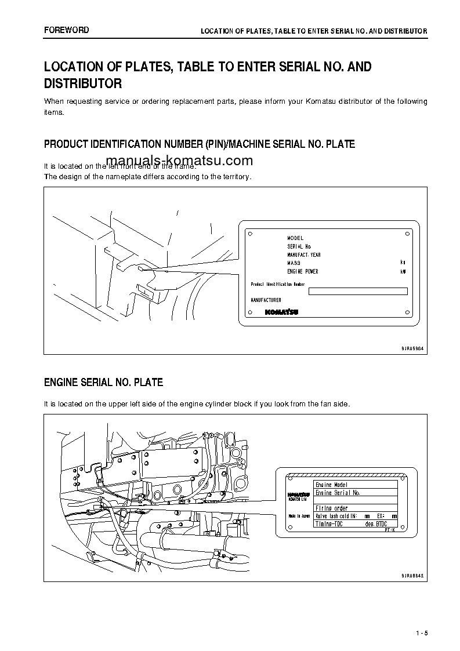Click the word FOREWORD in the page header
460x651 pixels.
click(67, 30)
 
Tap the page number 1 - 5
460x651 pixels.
click(421, 632)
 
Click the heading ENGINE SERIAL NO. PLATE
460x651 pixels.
click(103, 383)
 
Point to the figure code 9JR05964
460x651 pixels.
click(412, 348)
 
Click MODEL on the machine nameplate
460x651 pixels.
click(295, 238)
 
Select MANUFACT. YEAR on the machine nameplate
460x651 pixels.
click(304, 255)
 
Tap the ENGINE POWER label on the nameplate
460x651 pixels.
click(303, 272)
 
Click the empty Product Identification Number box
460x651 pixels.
click(358, 292)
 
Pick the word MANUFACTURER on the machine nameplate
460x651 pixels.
click(266, 300)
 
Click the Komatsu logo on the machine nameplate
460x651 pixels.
click(281, 312)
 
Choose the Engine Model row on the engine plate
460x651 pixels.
click(331, 485)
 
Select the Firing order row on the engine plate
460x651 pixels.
click(331, 508)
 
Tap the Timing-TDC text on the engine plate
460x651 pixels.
click(329, 523)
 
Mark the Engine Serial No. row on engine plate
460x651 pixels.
click(337, 493)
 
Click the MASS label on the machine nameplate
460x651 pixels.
click(294, 263)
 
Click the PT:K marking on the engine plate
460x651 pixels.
click(389, 530)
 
